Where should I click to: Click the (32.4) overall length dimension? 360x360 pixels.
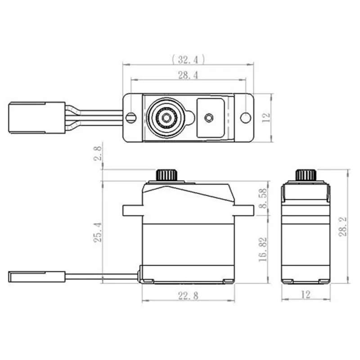click(x=188, y=59)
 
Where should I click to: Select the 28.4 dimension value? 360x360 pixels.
click(x=188, y=75)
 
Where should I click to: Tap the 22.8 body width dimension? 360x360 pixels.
click(x=188, y=295)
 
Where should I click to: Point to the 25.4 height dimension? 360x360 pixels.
click(x=97, y=232)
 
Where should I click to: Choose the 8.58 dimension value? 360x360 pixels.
click(x=263, y=198)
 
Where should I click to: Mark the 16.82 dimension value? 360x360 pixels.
click(x=263, y=249)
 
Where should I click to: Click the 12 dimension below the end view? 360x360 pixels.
click(x=306, y=295)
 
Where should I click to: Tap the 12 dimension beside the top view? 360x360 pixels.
click(x=266, y=118)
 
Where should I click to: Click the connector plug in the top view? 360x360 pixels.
click(x=36, y=118)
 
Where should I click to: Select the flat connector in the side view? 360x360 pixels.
click(x=36, y=276)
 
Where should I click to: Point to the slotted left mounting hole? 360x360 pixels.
click(x=131, y=118)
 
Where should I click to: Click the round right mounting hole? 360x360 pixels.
click(x=245, y=118)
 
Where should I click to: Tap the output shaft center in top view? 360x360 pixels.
click(x=166, y=118)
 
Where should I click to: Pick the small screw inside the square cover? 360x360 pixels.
click(x=208, y=118)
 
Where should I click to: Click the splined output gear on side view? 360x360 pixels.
click(x=167, y=175)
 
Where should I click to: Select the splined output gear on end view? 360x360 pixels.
click(x=306, y=175)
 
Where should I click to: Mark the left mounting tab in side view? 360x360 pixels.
click(x=133, y=210)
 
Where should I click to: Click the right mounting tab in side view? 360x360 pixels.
click(x=244, y=210)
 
